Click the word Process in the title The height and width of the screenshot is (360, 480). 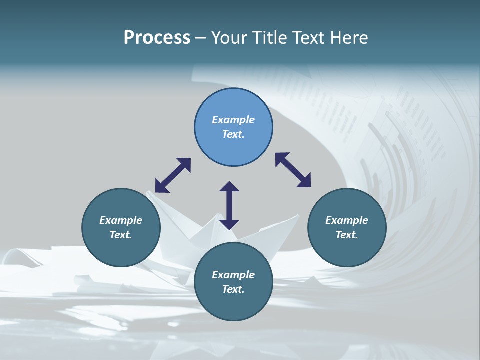(x=157, y=38)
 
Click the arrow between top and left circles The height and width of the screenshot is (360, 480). (x=173, y=175)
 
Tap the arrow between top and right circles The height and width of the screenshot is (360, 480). (x=293, y=170)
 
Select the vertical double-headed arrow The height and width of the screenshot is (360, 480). (x=229, y=205)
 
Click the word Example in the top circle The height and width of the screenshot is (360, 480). (x=233, y=120)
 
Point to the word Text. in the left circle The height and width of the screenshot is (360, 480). (x=121, y=235)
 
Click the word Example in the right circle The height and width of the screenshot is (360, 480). (x=347, y=220)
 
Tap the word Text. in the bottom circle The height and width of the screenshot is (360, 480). (x=233, y=289)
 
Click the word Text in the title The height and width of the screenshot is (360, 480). (x=310, y=38)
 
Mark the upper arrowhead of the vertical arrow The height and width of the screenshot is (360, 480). (x=229, y=186)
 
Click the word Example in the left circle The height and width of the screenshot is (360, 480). (x=121, y=220)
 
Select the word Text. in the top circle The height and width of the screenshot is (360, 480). (x=233, y=134)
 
